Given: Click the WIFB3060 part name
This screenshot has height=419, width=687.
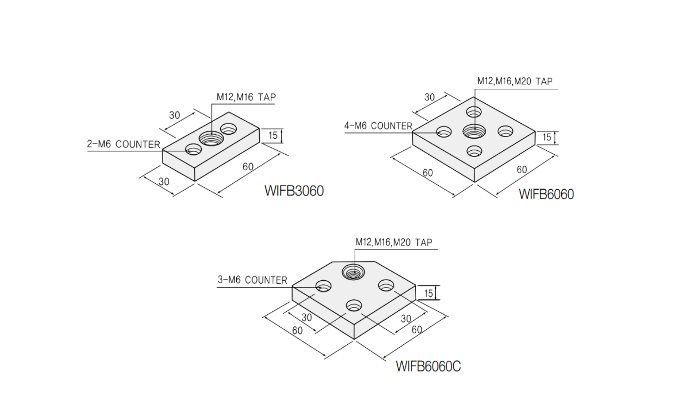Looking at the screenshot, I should (294, 191).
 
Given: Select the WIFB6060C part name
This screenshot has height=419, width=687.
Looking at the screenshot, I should (428, 366).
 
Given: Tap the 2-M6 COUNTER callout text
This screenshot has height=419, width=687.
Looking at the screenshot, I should (123, 145).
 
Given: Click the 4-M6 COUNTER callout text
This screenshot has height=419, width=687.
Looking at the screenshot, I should (378, 126).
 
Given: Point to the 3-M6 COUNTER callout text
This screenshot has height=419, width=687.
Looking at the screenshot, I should (252, 280).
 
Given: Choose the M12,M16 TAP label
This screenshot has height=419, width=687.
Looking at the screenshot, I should (246, 97).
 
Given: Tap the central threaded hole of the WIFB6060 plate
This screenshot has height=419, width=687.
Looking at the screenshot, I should (474, 130).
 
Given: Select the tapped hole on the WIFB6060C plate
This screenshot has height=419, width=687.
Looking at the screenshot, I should (353, 272).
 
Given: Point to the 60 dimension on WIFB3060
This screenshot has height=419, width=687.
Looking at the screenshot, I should (248, 167).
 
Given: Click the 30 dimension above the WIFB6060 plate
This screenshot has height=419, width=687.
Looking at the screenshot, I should (429, 97).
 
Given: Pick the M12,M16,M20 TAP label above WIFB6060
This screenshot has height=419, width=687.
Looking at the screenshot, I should (515, 81).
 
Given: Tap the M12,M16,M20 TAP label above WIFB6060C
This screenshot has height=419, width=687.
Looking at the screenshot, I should (393, 242).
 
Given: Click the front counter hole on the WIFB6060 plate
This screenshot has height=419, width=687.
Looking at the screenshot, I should (474, 151).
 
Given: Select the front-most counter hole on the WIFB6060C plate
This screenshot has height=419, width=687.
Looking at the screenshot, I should (354, 306).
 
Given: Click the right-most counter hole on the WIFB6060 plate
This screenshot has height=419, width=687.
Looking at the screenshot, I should (505, 131).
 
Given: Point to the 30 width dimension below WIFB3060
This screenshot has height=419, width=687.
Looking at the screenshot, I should (164, 182).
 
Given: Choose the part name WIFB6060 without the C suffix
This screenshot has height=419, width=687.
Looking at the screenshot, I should (546, 194).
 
